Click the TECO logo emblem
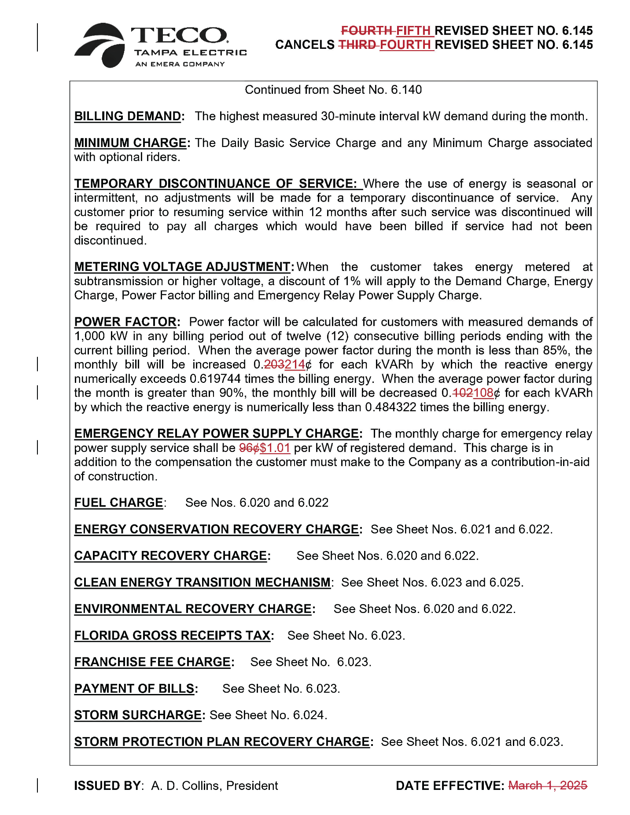click(x=100, y=45)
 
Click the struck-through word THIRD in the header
click(x=357, y=45)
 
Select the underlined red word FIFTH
click(x=413, y=31)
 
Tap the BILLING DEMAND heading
click(x=127, y=116)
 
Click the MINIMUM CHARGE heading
click(x=130, y=143)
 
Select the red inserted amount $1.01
click(x=275, y=448)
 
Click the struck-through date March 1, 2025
click(x=548, y=786)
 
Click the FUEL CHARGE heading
click(x=118, y=503)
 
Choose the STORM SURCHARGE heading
click(x=138, y=715)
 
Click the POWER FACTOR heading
click(x=125, y=322)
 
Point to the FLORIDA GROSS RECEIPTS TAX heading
click(x=173, y=635)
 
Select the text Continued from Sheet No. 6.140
click(x=333, y=90)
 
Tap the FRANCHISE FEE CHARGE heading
click(x=152, y=662)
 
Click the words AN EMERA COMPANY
click(x=180, y=64)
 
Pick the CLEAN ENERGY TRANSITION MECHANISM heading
click(x=203, y=582)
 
